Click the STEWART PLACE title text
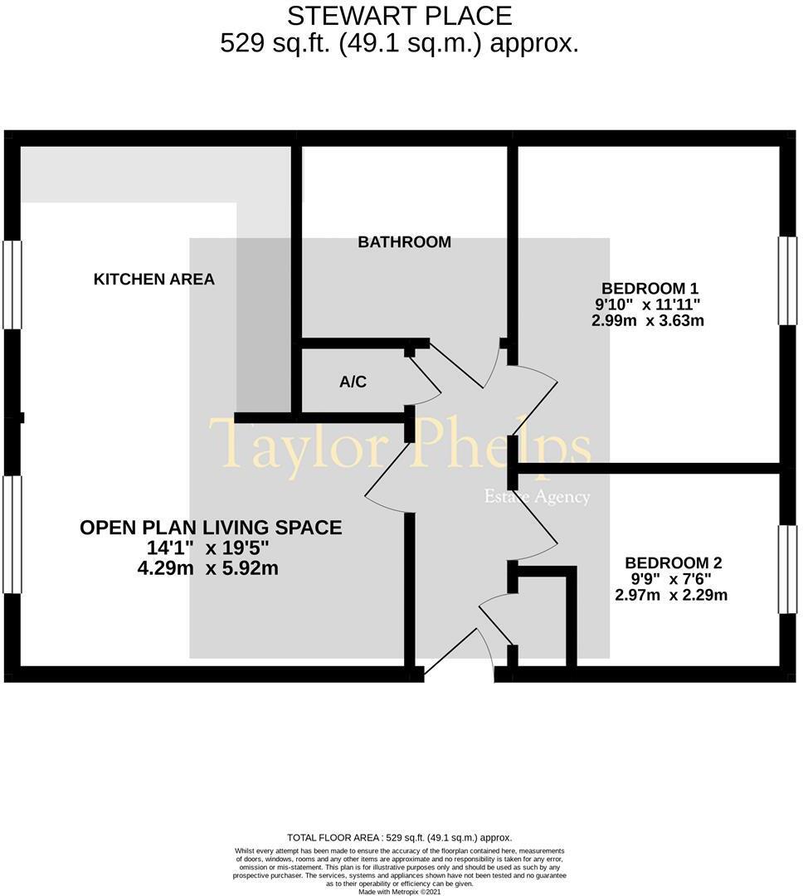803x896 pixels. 399,15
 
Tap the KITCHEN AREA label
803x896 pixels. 153,280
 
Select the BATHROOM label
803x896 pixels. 404,242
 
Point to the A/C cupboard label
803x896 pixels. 353,382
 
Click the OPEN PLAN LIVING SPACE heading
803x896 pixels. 211,528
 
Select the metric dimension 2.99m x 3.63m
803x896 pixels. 647,320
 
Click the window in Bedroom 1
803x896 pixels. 786,280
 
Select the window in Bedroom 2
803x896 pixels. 786,569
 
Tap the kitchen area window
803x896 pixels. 12,285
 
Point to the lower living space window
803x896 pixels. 12,534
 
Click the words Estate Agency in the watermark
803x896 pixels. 537,498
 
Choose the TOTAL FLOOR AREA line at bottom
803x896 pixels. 399,838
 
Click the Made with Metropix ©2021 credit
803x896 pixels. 399,892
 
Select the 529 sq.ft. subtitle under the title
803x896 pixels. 399,43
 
